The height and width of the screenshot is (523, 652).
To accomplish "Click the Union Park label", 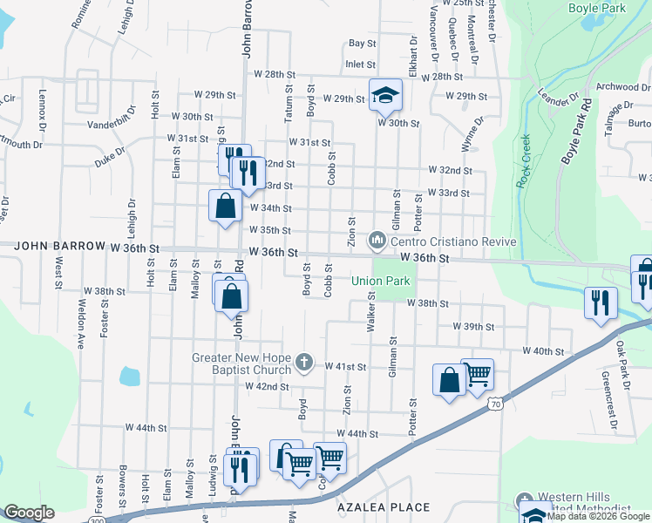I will coord(380,282).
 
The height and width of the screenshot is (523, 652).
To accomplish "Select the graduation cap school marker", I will coord(384,96).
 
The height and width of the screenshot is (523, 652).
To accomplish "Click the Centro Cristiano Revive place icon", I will coord(377,238).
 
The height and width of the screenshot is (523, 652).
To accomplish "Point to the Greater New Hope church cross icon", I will coord(304,361).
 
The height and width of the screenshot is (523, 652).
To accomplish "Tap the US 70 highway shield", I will coord(495,404).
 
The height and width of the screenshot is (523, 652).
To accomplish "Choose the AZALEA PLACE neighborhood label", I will coord(384,507).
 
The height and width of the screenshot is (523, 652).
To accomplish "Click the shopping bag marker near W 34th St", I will coord(225,207).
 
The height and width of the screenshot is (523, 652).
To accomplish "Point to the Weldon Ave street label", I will coord(81,323).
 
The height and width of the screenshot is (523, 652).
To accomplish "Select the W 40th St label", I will coord(544,350).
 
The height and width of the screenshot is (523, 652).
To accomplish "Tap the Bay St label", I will coord(362,43).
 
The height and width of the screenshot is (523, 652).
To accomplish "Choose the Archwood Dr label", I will coord(623,87).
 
